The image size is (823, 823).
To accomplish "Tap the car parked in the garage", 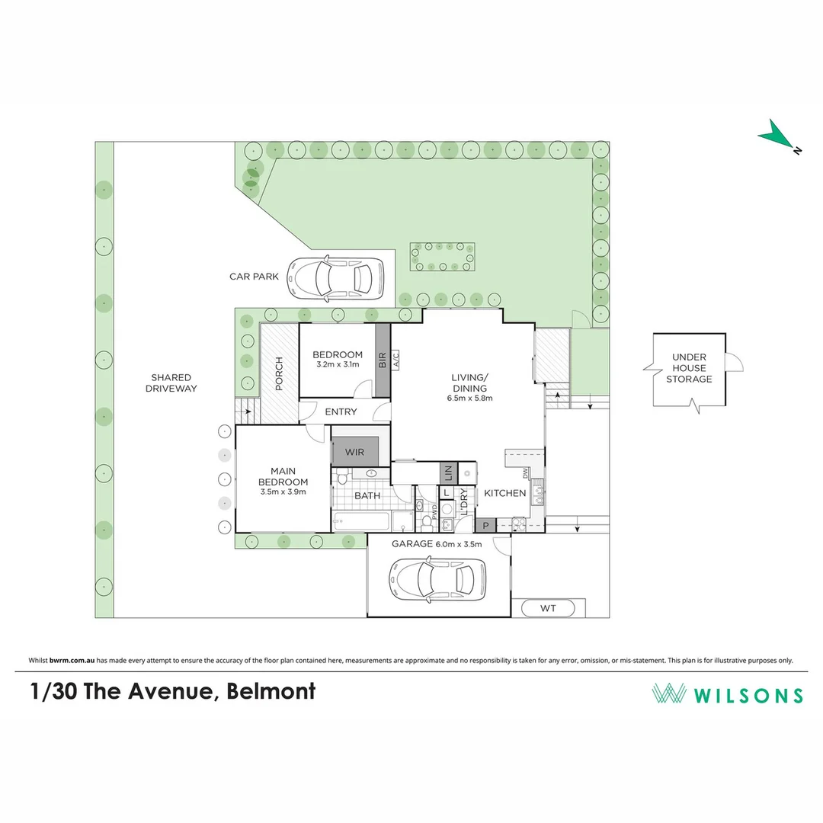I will point(436,579).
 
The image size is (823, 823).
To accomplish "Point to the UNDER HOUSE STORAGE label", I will point(689,368).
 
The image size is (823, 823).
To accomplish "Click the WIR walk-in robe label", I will point(354,452).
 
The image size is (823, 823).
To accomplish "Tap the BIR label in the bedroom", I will point(382,360).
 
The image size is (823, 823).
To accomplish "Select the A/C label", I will point(395,360).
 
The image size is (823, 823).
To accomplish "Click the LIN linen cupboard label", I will point(448,473).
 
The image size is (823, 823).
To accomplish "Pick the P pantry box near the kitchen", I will point(485,525).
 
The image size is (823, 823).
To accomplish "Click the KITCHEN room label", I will point(505,493).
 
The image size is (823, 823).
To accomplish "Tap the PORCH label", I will point(279,373).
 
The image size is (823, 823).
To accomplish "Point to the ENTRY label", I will point(341,411).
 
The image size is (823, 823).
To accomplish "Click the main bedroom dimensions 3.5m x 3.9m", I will point(282,492).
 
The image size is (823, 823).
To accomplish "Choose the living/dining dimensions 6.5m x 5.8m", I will point(469,398).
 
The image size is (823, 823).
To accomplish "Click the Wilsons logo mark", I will point(668,693).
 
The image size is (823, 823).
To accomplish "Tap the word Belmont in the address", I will point(272,691).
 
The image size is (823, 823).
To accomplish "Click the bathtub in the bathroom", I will point(363,523).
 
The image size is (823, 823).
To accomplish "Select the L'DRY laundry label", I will point(463,508).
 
